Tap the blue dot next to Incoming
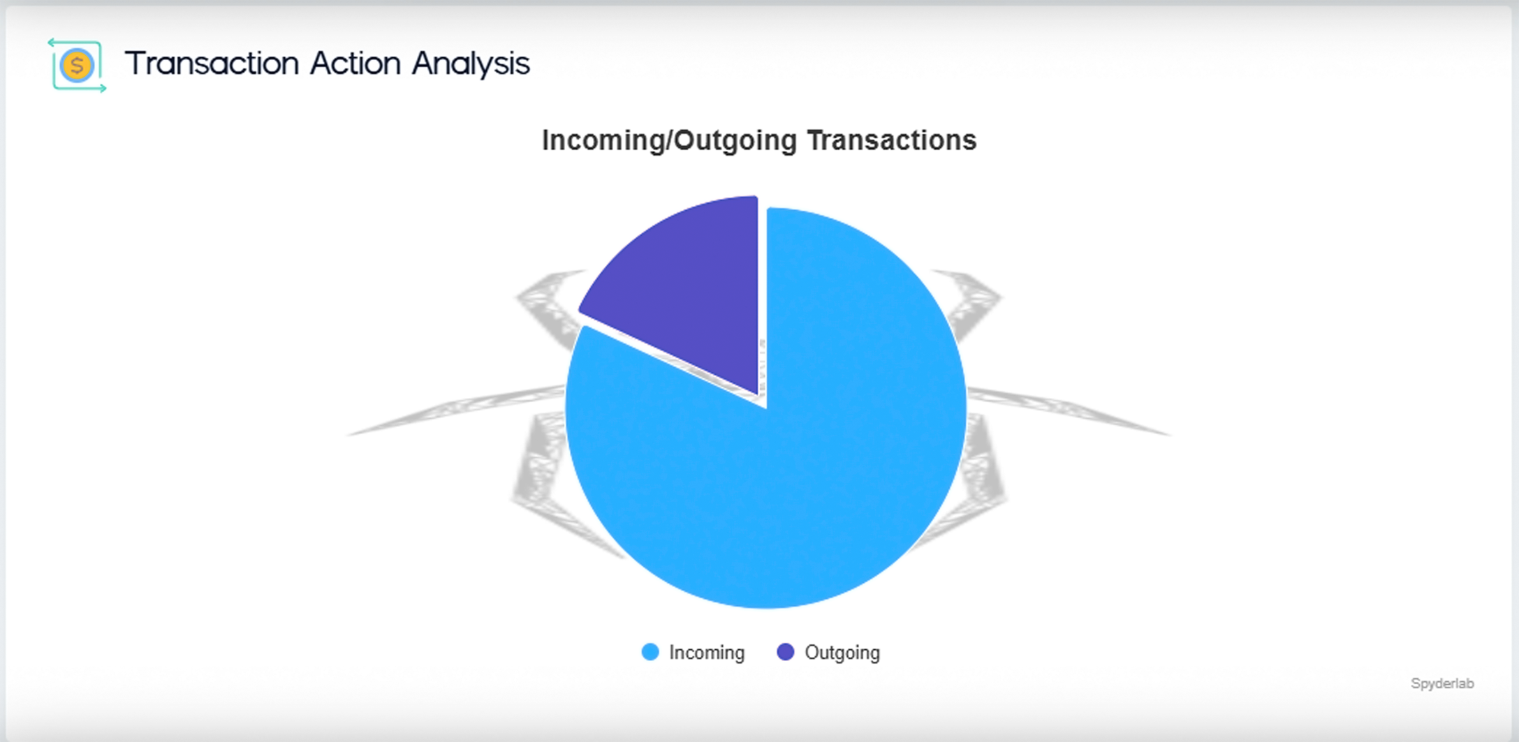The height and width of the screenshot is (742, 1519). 650,652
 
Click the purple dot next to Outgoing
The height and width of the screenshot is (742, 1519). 786,652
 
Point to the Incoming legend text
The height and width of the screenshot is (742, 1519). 707,653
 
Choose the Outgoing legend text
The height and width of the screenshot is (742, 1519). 842,653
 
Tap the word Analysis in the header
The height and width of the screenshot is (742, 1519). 471,64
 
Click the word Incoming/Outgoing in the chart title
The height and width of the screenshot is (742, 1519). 669,140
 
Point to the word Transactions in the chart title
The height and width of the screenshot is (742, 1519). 892,140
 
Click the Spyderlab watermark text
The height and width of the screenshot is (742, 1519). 1442,683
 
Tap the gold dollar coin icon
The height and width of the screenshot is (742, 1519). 77,66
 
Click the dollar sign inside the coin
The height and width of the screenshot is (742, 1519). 77,66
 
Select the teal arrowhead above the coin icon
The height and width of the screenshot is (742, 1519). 51,43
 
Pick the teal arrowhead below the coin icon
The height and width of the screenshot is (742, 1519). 103,88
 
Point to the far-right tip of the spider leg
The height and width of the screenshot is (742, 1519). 1171,436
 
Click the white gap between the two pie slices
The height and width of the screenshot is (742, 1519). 763,300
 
